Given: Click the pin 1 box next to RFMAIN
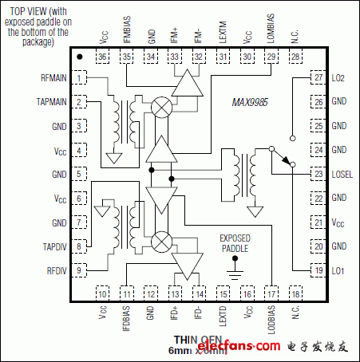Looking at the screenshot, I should tap(81, 77).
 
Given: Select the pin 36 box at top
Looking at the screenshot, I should tap(102, 57).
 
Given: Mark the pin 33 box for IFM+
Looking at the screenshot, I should tap(175, 57).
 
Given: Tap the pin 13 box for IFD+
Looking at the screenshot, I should tap(175, 293).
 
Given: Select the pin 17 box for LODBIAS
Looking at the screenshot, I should tap(271, 293).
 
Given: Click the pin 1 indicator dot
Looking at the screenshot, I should tap(80, 57).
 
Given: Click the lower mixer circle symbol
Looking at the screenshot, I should tap(163, 238).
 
